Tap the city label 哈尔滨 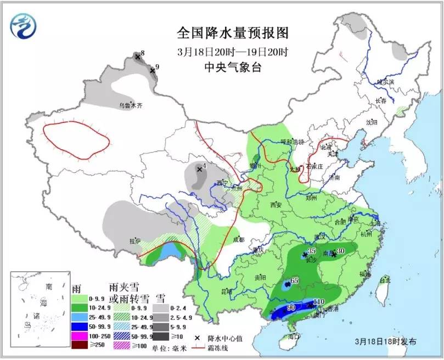tap(385, 82)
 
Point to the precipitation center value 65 tap(295, 281)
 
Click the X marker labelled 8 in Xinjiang tap(137, 56)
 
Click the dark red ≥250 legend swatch tap(78, 345)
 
